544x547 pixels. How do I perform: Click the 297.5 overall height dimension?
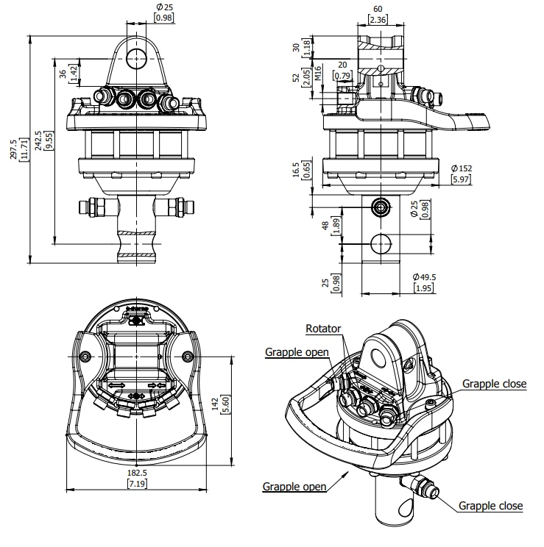tap(14, 149)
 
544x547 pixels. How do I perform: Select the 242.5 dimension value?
tap(38, 140)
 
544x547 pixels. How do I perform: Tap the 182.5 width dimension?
tap(137, 473)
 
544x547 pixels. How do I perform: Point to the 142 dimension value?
tap(215, 404)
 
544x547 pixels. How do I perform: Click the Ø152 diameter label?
tap(462, 168)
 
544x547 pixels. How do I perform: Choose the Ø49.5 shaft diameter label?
tap(424, 277)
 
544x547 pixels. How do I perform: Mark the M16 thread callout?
tap(318, 74)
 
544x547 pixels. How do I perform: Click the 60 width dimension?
tap(378, 9)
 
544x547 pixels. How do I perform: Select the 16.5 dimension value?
tap(296, 170)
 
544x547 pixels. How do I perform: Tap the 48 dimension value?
tap(325, 226)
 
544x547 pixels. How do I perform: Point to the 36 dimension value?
tap(63, 74)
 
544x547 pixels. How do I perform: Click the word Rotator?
tap(323, 329)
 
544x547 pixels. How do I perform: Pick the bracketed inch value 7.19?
tap(137, 484)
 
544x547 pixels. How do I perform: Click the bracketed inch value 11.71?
tap(24, 149)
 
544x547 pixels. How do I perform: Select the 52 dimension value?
tap(296, 77)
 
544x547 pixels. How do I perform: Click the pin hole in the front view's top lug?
tap(136, 58)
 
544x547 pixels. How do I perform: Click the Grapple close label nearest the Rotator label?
tap(494, 384)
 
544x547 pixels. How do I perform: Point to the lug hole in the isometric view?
tap(378, 358)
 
